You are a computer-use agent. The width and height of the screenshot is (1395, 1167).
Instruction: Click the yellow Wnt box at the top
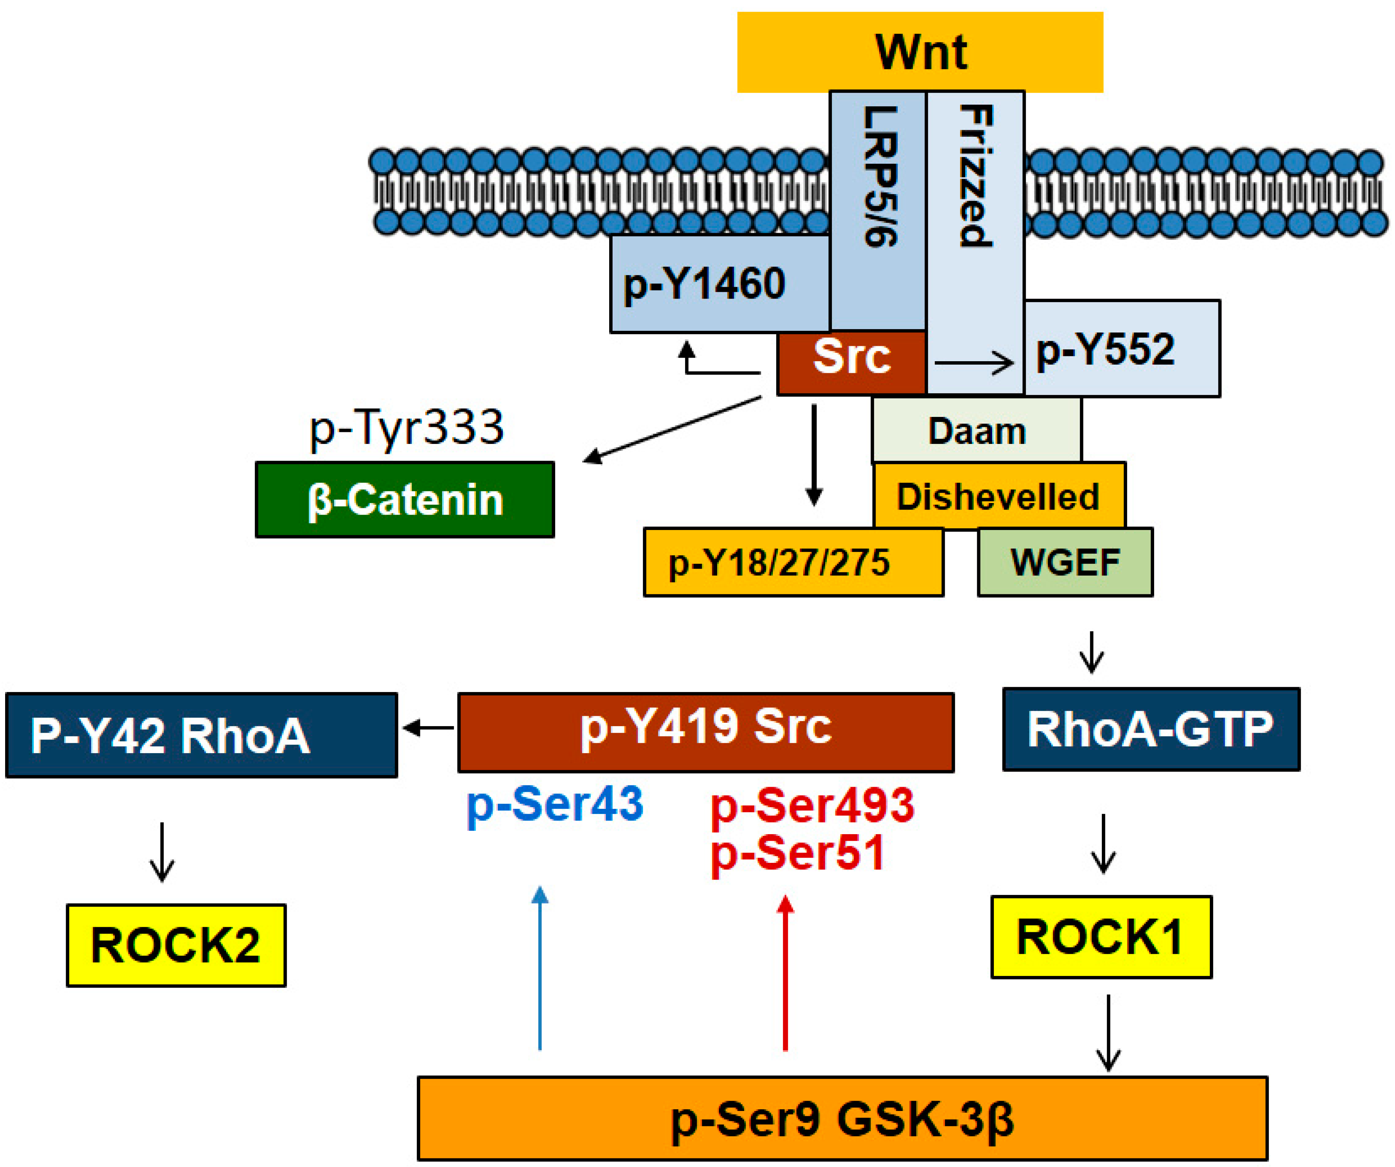click(920, 52)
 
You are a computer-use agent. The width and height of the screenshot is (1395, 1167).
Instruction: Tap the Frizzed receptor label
click(975, 176)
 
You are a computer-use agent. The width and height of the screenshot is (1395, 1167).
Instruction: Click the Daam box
click(976, 431)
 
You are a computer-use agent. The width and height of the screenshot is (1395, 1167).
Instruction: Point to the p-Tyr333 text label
click(407, 427)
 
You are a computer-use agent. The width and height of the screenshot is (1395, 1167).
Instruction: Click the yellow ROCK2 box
click(176, 945)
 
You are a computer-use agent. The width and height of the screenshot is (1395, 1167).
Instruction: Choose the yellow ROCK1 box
click(1101, 937)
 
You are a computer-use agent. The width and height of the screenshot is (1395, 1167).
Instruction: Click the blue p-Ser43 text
click(555, 804)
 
